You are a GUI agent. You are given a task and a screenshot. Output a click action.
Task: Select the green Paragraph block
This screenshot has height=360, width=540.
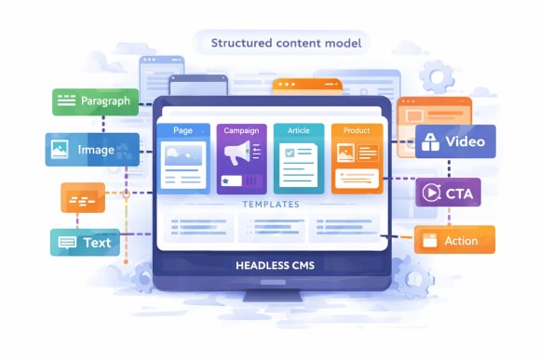coord(95,101)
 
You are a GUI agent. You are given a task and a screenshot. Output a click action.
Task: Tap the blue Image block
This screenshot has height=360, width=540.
coord(93,149)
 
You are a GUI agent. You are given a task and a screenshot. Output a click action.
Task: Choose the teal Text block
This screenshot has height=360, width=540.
coord(86,242)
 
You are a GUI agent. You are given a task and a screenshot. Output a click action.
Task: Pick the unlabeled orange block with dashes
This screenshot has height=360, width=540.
coord(83,198)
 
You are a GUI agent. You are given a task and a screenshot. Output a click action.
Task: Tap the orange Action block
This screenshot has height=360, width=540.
coord(453,240)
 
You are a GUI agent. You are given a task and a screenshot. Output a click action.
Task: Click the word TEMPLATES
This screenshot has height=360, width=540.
coord(270,204)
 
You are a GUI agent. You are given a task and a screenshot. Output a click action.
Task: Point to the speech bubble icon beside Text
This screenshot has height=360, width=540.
coord(67,242)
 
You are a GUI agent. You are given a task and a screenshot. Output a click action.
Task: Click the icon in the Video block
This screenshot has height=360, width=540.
coord(430,141)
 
